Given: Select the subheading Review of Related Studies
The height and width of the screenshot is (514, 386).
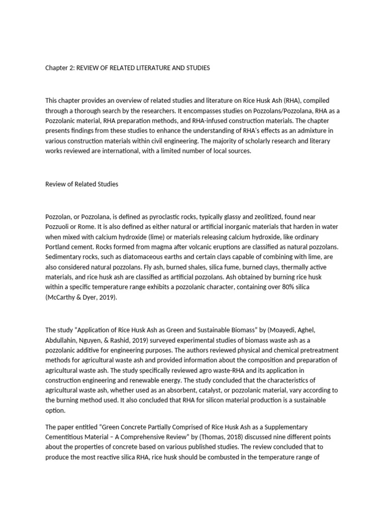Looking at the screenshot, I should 82,184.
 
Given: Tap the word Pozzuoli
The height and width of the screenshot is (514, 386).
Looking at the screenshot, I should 59,226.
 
